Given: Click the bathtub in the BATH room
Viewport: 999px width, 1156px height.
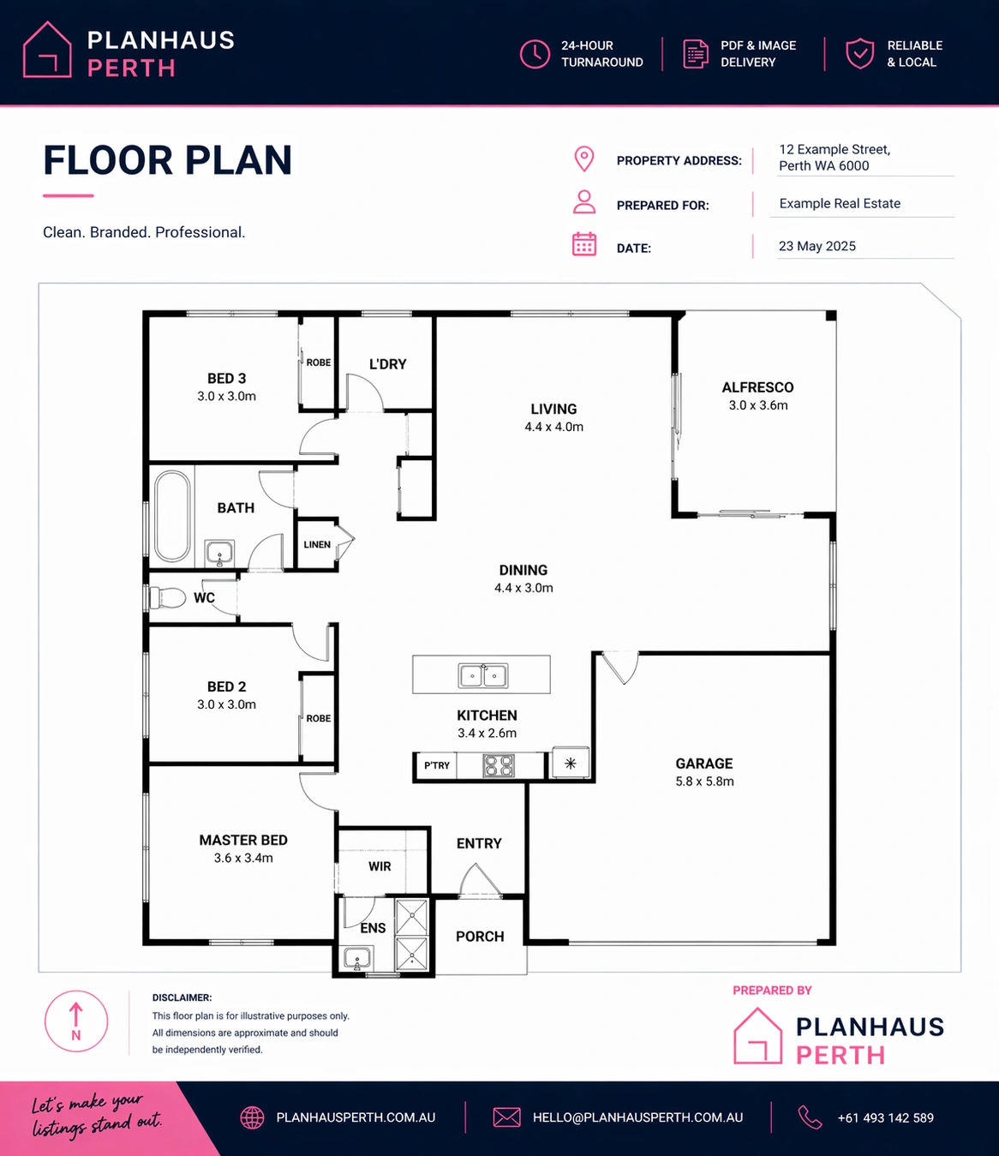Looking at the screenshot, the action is tap(172, 516).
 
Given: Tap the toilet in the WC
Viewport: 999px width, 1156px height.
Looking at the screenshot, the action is tap(167, 597).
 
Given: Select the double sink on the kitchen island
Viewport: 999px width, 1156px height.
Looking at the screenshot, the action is tap(483, 675).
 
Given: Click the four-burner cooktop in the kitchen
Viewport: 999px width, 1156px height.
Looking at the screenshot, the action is tap(499, 765).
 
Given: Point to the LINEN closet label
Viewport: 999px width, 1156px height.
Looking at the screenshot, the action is tap(317, 544).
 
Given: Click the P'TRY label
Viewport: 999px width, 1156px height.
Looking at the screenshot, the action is tap(437, 765).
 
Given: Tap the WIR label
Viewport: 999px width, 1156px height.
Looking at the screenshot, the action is tap(380, 866).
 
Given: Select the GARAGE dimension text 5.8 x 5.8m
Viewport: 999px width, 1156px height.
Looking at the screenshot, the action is tap(704, 782).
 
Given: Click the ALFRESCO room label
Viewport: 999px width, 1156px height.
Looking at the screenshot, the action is tap(757, 387).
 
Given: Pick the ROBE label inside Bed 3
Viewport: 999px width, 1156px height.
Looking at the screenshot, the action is tap(319, 362).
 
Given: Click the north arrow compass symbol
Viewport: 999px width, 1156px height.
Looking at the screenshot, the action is tap(76, 1021).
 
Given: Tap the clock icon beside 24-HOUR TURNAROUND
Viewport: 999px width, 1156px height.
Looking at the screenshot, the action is tap(535, 54).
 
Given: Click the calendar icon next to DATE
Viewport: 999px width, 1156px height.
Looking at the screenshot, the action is tap(584, 244).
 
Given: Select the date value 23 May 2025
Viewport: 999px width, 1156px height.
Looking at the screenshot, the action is tap(817, 246).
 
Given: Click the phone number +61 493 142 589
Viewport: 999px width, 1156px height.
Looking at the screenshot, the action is tap(886, 1117).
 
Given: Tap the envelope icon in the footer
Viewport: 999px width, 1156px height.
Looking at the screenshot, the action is tap(506, 1117).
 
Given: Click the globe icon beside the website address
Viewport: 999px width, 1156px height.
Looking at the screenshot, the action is tap(252, 1117).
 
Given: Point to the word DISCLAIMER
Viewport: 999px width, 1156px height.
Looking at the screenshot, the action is tap(182, 997).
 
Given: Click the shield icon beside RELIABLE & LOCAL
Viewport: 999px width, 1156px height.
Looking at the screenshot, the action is tap(860, 54).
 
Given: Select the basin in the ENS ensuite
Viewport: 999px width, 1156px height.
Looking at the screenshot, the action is tap(356, 958).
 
